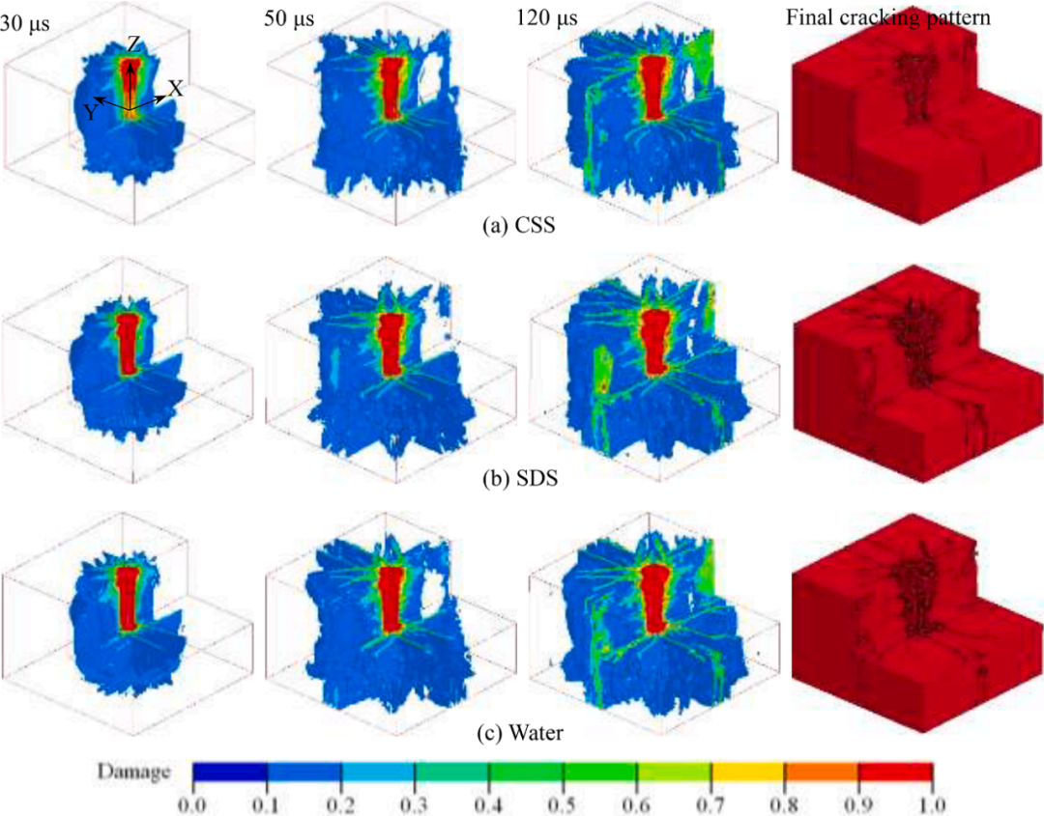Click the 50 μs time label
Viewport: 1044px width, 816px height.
(x=285, y=18)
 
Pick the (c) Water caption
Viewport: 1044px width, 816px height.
(x=521, y=734)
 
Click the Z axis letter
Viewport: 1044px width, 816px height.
(x=135, y=44)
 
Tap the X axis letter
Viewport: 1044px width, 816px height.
(x=175, y=88)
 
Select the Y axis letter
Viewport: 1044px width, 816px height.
(x=88, y=113)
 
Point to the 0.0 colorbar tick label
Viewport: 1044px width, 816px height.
(x=192, y=802)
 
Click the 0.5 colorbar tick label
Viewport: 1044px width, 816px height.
(x=562, y=802)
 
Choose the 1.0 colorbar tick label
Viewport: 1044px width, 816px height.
(x=931, y=802)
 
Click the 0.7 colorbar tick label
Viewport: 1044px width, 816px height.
(x=710, y=802)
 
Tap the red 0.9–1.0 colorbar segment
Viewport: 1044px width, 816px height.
(x=895, y=772)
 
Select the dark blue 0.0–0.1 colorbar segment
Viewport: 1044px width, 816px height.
(x=230, y=772)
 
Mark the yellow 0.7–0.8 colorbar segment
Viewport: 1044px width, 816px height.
(x=747, y=772)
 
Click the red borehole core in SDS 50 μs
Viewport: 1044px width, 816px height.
(x=391, y=343)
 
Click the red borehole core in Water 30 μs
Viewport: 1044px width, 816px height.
(x=128, y=599)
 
